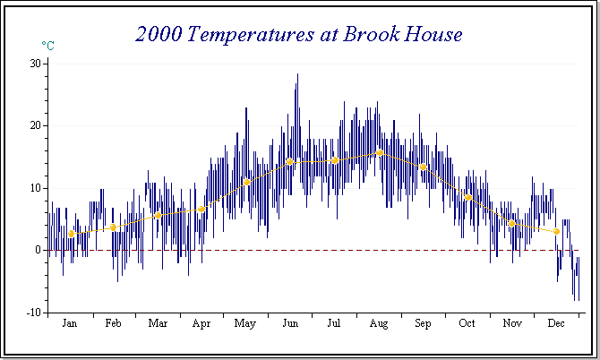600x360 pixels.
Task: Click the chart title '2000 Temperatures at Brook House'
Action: (299, 34)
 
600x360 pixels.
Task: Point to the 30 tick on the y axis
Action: (35, 63)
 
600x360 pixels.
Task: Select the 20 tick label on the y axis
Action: (35, 125)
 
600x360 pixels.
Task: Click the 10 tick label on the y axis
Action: (35, 188)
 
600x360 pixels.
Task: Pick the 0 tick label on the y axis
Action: (38, 250)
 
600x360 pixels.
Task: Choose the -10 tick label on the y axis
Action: (34, 312)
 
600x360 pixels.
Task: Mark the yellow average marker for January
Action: (72, 234)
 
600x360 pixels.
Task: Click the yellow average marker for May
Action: (247, 182)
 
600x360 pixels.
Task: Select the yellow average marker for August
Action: (380, 153)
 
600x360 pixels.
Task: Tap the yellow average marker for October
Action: (467, 198)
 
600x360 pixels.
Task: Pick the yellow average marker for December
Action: (556, 231)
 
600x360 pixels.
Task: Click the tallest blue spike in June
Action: (297, 76)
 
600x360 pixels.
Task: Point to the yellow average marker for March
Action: (159, 215)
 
